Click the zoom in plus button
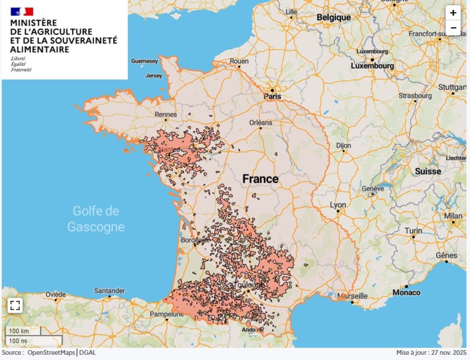453,13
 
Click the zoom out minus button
453,28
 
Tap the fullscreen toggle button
15,306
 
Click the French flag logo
22,12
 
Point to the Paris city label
272,96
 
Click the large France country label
260,179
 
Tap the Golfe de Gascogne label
96,219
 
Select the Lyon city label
338,205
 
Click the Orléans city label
260,122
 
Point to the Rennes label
166,114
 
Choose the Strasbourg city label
415,96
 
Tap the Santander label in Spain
109,291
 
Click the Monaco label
406,292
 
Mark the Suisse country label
428,171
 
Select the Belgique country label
333,17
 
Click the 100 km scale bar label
19,331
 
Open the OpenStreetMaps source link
51,352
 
